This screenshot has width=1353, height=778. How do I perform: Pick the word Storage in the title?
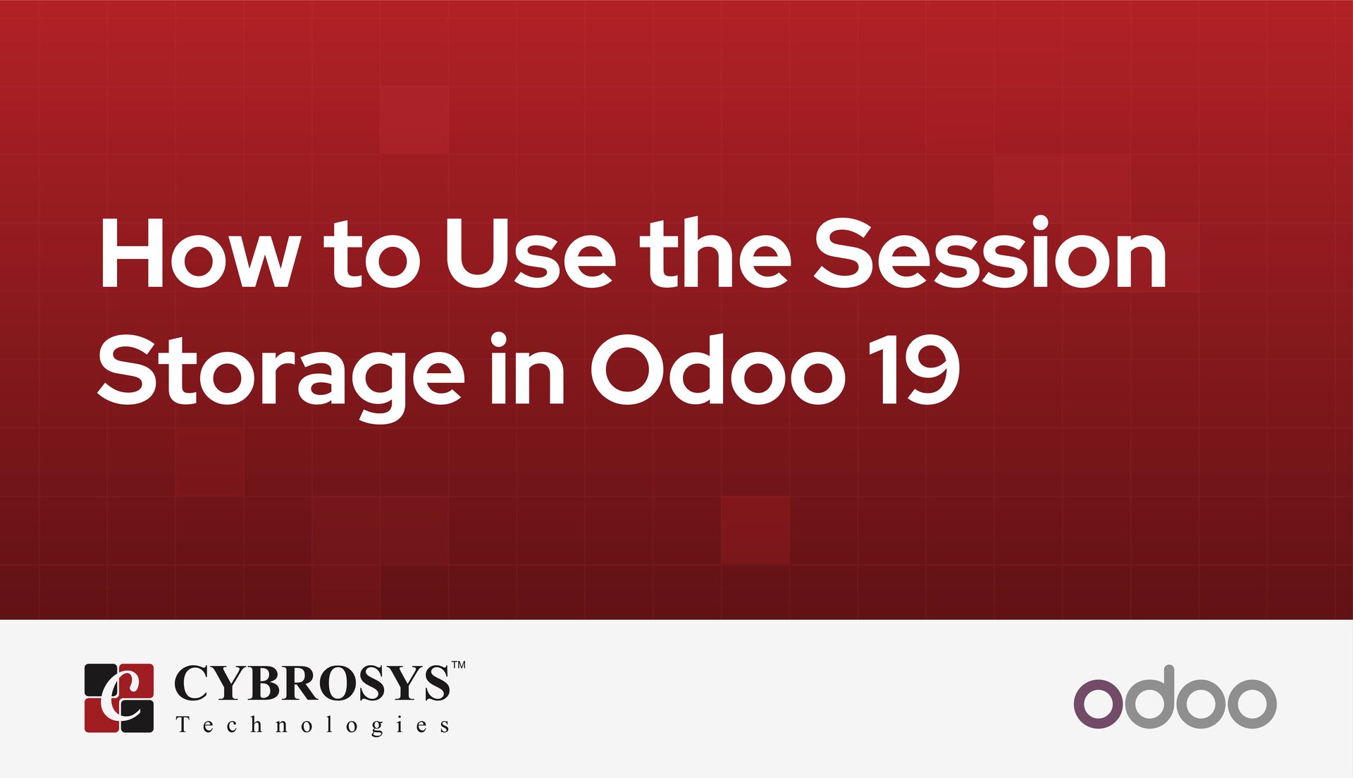point(280,374)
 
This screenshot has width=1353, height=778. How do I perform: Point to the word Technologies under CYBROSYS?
point(313,726)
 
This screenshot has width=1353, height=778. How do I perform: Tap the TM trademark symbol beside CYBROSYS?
point(458,665)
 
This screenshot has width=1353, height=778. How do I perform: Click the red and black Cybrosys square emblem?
point(118,698)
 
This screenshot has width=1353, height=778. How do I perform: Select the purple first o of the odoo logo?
point(1097,703)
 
